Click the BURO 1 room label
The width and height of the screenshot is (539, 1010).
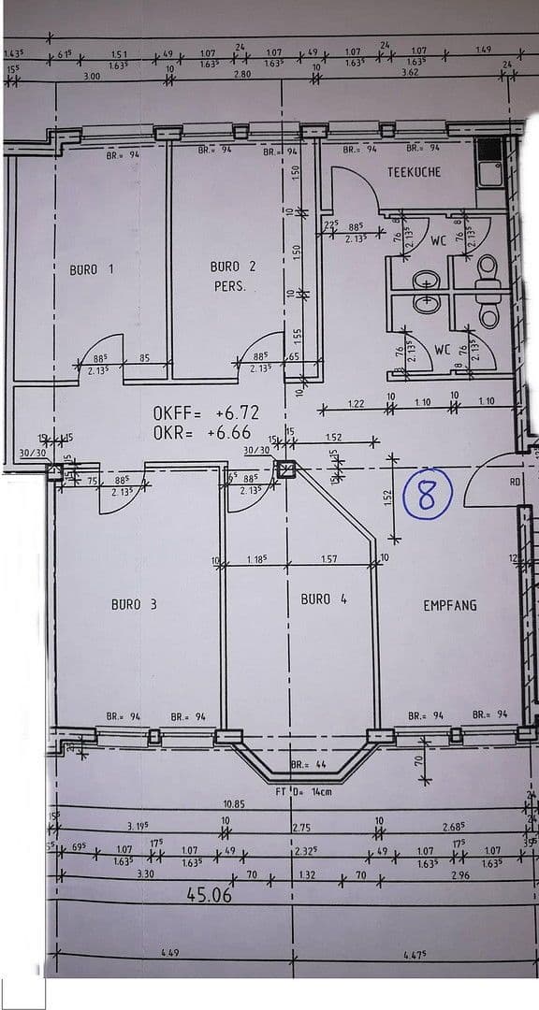click(92, 269)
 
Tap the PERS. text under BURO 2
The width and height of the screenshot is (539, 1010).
click(229, 286)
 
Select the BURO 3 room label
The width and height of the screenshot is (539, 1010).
click(134, 604)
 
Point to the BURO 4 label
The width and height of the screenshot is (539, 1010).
click(324, 599)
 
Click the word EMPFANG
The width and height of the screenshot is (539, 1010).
click(449, 605)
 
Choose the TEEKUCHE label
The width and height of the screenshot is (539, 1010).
click(414, 172)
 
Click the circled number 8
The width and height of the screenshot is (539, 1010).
click(427, 495)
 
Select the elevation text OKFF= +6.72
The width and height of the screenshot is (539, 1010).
click(206, 412)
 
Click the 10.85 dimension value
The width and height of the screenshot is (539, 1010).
click(234, 804)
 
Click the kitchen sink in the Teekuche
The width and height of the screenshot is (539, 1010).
click(488, 171)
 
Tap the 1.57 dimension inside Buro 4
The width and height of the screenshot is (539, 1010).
click(328, 559)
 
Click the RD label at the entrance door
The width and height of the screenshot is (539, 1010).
click(516, 482)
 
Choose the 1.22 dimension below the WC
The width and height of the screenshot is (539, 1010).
click(356, 403)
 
